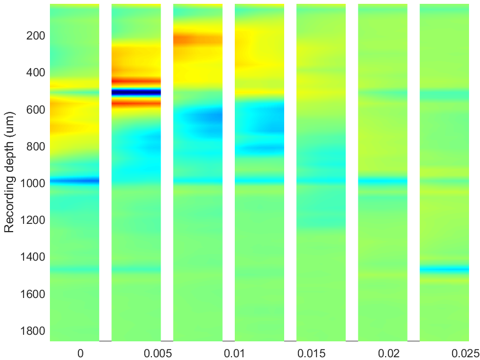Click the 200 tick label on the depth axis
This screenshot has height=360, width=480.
(x=36, y=36)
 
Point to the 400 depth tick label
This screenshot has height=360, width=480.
(x=36, y=73)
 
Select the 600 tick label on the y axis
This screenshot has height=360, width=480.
(x=36, y=110)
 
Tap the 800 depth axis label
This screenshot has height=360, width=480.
(x=36, y=147)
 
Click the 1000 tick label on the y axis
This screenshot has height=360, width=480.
(x=33, y=184)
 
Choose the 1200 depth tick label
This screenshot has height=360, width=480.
(x=33, y=221)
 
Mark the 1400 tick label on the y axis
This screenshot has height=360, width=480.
(x=33, y=257)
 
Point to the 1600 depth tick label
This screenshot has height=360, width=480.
(x=33, y=294)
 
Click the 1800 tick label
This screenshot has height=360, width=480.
(x=33, y=331)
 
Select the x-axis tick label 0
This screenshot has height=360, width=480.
(x=80, y=353)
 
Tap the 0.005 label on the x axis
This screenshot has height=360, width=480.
(x=157, y=353)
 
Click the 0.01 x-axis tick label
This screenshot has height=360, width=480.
(x=234, y=353)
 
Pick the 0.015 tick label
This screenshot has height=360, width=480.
(x=312, y=353)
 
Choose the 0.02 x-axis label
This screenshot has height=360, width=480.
(x=388, y=353)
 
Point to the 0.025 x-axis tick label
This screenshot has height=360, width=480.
(x=465, y=353)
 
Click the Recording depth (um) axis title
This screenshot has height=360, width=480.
(x=9, y=172)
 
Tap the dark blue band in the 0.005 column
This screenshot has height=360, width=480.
(x=136, y=92)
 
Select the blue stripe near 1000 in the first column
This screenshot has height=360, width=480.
(x=75, y=181)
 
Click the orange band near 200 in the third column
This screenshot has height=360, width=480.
(x=197, y=40)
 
